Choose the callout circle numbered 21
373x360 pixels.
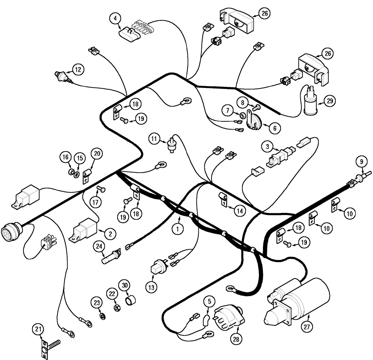pos(37,329)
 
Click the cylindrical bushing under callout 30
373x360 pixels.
pos(130,300)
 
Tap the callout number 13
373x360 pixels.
pos(153,287)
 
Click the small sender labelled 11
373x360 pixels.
pos(172,146)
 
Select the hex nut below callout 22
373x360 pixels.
pos(116,308)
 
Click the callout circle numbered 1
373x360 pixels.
pos(178,227)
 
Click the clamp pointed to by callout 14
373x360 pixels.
pos(223,198)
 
